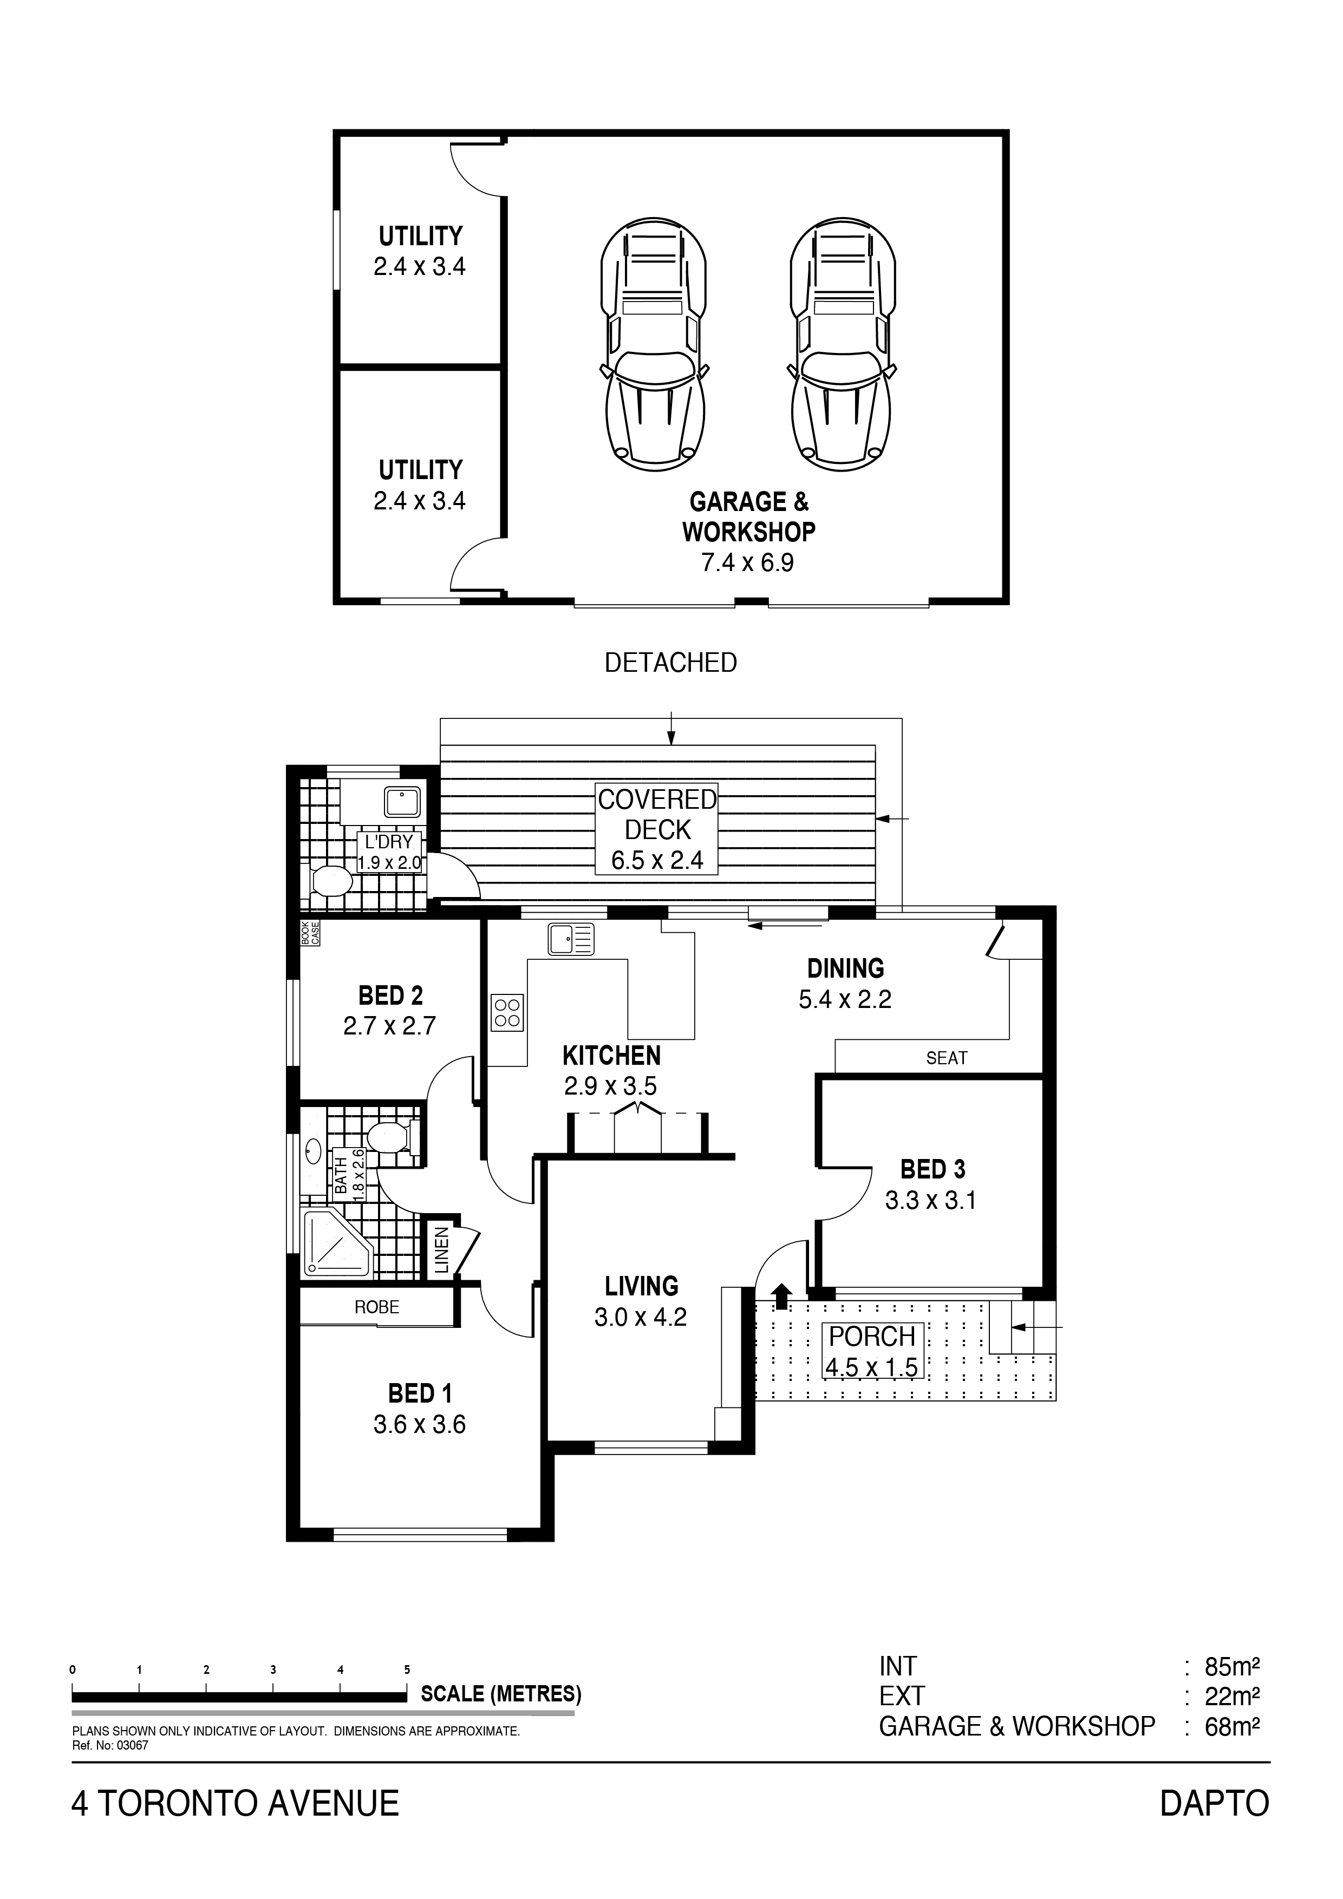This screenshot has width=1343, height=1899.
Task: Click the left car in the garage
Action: tap(654, 344)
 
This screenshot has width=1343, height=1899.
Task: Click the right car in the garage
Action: tap(843, 344)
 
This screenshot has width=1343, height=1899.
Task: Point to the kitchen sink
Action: tap(570, 940)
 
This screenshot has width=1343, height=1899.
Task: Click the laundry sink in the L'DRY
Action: tap(402, 802)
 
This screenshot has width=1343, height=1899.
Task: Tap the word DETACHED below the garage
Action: tap(670, 663)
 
